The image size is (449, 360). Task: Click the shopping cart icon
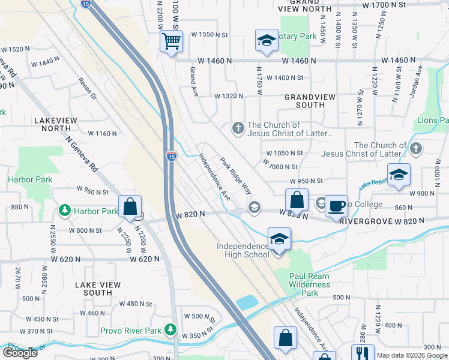(x=172, y=42)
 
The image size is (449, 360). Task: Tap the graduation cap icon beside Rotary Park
(x=266, y=40)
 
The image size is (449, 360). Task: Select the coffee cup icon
(x=336, y=206)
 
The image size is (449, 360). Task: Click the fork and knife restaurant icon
(x=362, y=354)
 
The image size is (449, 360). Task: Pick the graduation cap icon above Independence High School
(x=279, y=239)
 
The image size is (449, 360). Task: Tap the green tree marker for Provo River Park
(x=171, y=330)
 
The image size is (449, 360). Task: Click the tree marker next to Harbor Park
(x=65, y=211)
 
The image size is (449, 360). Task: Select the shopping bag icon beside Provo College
(x=297, y=200)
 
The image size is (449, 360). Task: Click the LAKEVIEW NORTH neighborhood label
(x=56, y=124)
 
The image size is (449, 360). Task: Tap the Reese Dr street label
(x=87, y=88)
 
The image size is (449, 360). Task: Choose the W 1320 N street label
(x=229, y=95)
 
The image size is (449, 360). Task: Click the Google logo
(x=20, y=353)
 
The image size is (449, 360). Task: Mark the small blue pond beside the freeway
(x=248, y=302)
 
